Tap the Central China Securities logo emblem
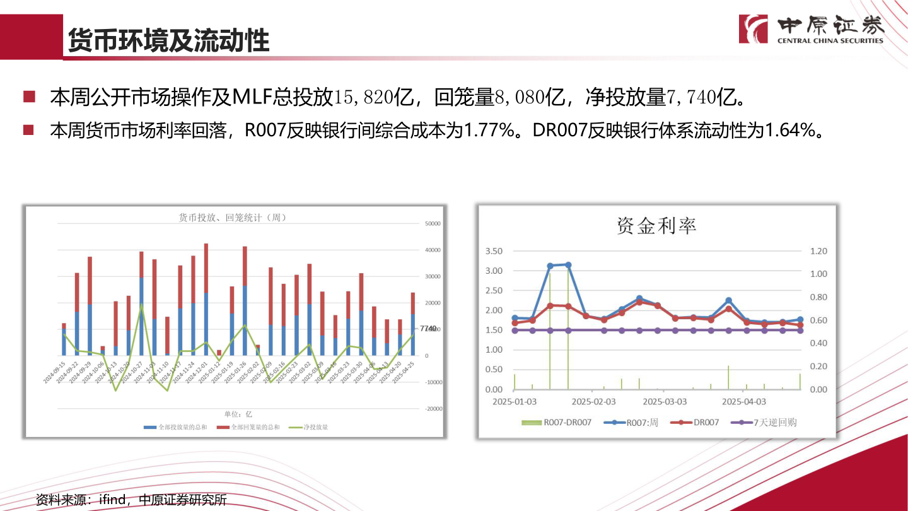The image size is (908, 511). point(753,28)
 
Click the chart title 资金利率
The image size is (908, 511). point(656,225)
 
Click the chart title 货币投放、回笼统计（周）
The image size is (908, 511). point(233,218)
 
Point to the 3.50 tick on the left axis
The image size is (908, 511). point(494,251)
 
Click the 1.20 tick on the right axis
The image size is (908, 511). point(818,251)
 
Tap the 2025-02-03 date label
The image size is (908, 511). point(593,401)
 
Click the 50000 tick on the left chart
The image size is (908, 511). point(432,223)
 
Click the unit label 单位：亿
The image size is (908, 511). point(239,414)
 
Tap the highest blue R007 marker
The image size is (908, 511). point(568,265)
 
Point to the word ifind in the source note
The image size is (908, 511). point(113,500)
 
